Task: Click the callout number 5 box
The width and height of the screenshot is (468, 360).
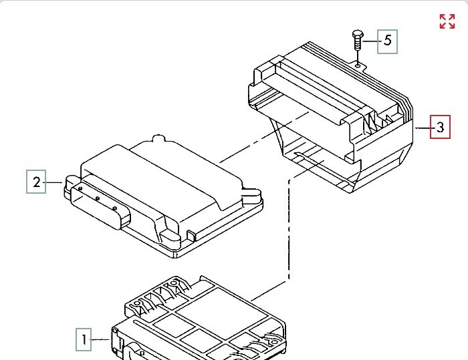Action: pos(388,41)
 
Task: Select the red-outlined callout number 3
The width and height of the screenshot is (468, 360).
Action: pos(440,127)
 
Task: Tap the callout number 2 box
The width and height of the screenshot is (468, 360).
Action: pos(37,181)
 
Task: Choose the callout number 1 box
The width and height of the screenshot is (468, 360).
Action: pos(84,340)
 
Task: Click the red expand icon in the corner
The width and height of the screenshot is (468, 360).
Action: pos(447,21)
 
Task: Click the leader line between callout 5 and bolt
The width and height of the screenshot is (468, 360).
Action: pos(370,41)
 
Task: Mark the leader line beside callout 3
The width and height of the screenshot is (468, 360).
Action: pos(423,127)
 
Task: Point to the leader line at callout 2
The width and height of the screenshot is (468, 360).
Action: pos(55,181)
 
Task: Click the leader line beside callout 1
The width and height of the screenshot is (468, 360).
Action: pos(101,340)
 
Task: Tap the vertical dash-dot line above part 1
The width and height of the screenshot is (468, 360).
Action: pos(288,227)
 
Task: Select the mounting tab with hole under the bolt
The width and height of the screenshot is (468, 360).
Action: pos(359,64)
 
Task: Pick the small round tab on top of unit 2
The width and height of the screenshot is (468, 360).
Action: pos(158,139)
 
